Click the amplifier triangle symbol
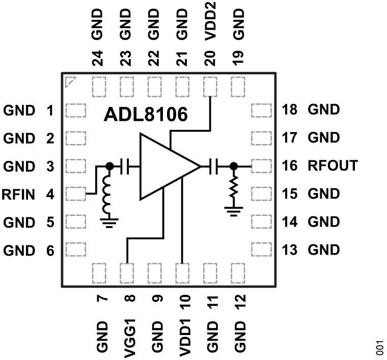pos(166,167)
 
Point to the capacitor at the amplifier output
pos(214,166)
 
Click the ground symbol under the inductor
pos(108,221)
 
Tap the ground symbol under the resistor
pos(234,210)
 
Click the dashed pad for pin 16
pos(260,166)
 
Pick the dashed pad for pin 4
pos(76,194)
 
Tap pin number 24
pos(99,58)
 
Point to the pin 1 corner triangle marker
pos(70,81)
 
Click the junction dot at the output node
pos(234,166)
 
